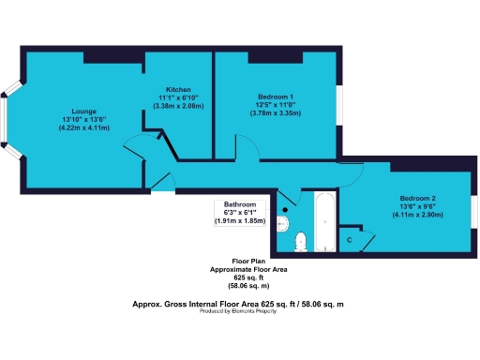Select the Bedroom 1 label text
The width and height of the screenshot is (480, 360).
(276, 97)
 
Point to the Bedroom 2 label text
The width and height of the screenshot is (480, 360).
(417, 199)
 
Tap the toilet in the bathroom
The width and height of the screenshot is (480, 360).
(300, 241)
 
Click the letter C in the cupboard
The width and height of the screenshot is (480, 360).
(350, 240)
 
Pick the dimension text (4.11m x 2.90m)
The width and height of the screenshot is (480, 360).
(417, 216)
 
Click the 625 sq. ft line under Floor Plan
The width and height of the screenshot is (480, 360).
(247, 277)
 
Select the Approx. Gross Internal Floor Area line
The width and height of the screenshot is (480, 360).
(239, 304)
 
